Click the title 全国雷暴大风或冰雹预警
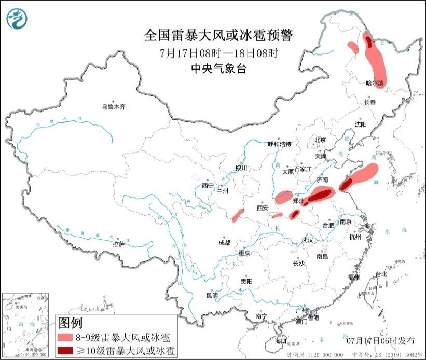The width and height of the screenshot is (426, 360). (218, 36)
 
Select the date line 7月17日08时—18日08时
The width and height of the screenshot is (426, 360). (218, 53)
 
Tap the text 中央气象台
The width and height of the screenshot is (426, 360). (218, 68)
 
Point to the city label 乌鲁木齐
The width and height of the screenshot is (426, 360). (113, 107)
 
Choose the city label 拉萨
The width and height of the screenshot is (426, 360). (118, 244)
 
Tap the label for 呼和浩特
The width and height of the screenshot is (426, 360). (279, 144)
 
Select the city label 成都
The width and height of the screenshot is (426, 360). (224, 242)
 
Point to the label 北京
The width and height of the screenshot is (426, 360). (320, 140)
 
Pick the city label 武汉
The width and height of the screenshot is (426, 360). (307, 240)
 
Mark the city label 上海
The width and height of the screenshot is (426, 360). (364, 226)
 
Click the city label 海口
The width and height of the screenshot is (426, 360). (281, 341)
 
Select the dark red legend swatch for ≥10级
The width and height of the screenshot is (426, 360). (65, 351)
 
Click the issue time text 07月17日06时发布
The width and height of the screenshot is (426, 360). (380, 341)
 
